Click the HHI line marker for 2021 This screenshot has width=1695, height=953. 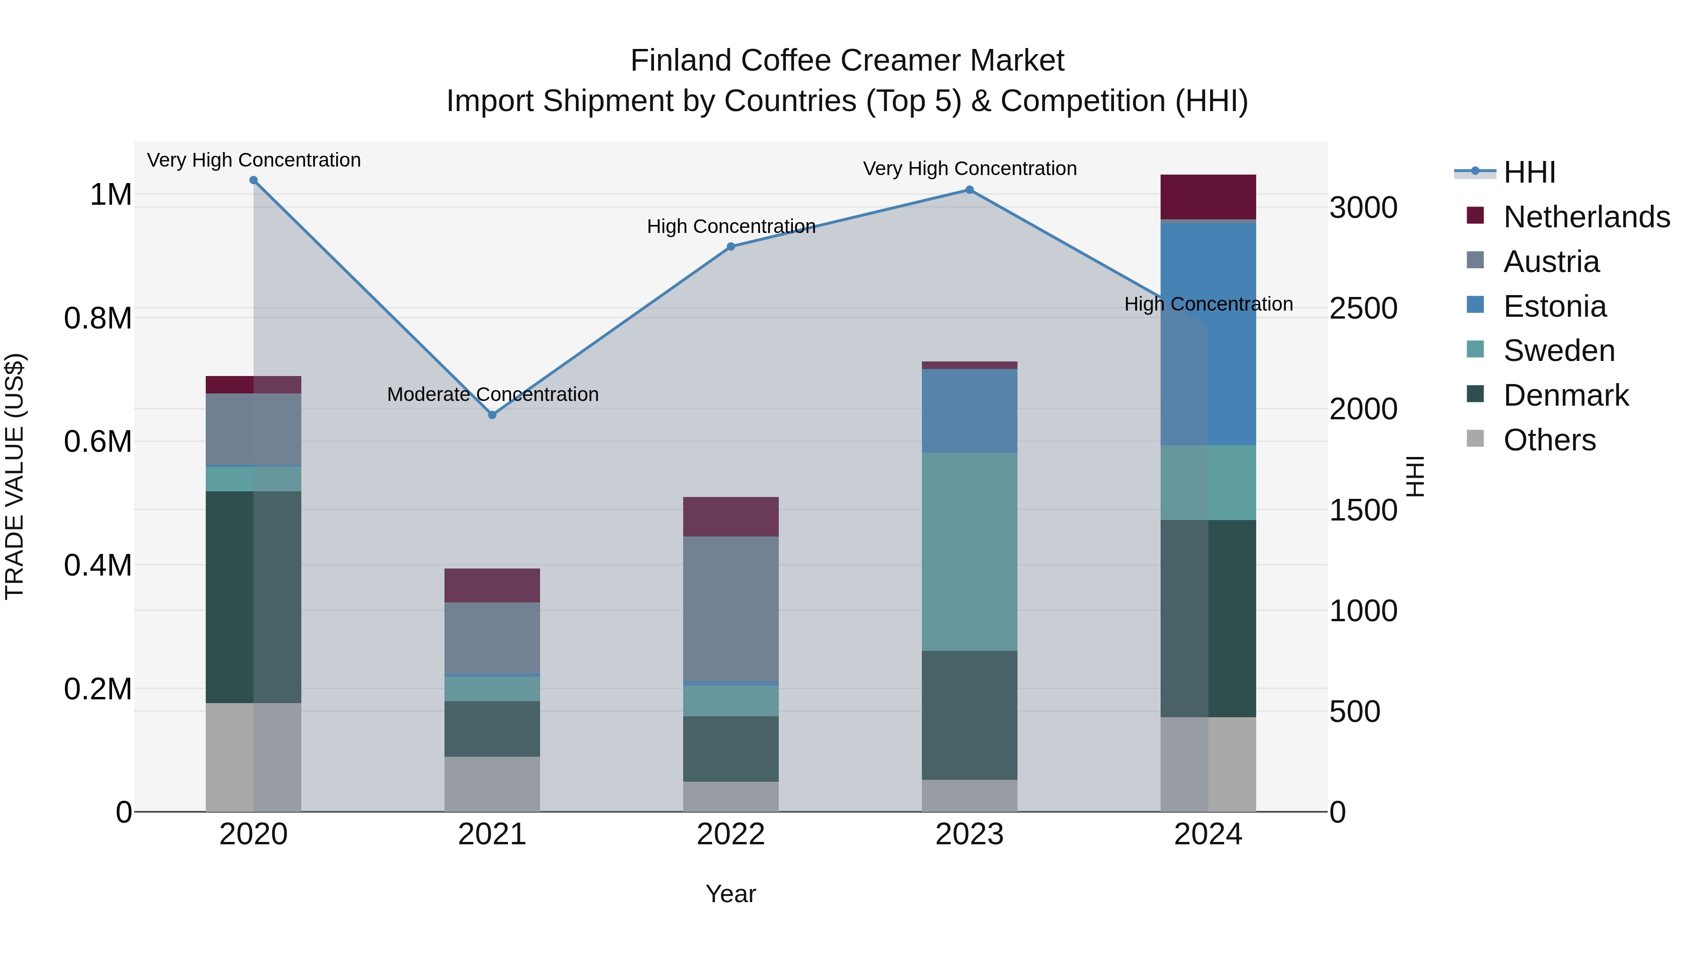492,415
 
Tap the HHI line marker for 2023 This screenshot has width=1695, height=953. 969,190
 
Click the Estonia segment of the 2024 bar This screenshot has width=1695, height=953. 1208,334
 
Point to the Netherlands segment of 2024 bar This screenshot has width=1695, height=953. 1208,197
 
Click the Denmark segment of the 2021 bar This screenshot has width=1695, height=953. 492,729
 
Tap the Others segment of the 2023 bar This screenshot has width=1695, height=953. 969,796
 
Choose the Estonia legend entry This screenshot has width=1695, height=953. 1555,306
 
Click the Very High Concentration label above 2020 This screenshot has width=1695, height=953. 254,160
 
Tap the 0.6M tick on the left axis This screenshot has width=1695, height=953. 98,441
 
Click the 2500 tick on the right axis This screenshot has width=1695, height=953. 1364,308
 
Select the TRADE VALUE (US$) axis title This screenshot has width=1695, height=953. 15,476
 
